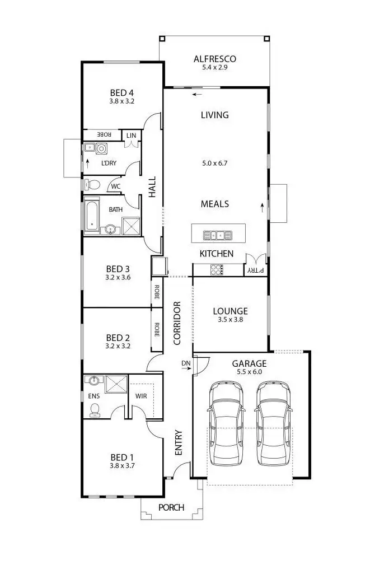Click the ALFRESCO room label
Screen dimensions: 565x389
[x=214, y=59]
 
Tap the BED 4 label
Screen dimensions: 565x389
[x=121, y=93]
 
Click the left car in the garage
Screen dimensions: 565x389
[x=226, y=422]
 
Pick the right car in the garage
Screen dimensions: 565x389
[x=274, y=422]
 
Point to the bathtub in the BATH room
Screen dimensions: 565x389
[x=92, y=217]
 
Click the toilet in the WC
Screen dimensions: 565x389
[x=92, y=184]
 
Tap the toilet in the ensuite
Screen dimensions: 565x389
[x=95, y=410]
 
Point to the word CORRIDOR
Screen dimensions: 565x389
[x=177, y=323]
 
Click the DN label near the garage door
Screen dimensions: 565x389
[x=186, y=364]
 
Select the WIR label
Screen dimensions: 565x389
[x=142, y=396]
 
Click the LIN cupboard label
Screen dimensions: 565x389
[x=131, y=136]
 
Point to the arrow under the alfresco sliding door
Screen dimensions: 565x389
[x=195, y=94]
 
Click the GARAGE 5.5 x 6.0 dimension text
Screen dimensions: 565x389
[x=250, y=371]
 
